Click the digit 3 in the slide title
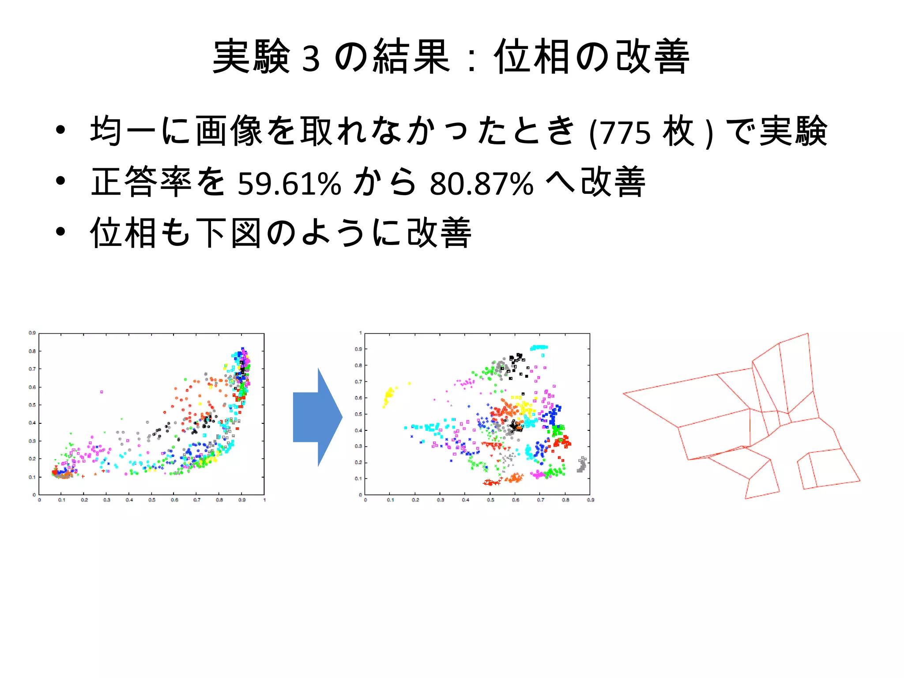[311, 59]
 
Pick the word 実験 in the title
[251, 57]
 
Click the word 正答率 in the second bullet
[141, 182]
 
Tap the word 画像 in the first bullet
[229, 131]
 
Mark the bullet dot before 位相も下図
[60, 231]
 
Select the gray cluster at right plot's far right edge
[582, 465]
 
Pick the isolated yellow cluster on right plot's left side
[389, 395]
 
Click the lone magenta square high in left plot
[102, 392]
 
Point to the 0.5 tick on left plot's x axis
[151, 500]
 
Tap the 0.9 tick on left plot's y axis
[32, 333]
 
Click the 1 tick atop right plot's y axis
[361, 333]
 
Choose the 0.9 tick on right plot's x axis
[590, 500]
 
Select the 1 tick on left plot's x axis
[264, 500]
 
